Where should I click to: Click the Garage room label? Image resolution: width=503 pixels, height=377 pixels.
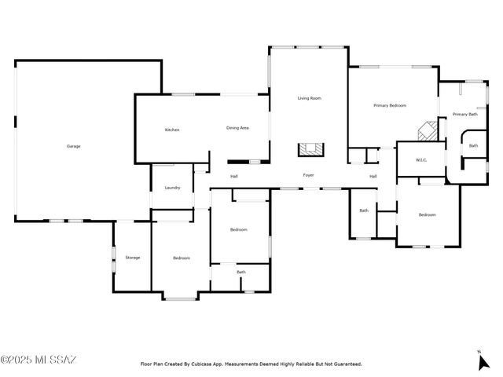point(73,146)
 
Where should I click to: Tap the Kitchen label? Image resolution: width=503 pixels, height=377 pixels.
point(172,130)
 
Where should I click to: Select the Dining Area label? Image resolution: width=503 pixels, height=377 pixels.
point(237,128)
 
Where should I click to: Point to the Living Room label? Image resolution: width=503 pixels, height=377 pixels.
point(309,98)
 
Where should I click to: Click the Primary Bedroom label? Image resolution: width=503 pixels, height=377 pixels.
point(390,105)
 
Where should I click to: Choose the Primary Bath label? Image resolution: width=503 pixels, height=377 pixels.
point(465,115)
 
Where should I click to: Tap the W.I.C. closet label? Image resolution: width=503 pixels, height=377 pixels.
point(421,161)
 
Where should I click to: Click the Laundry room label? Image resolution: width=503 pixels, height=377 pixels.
point(172,188)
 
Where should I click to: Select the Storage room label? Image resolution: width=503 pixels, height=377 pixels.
point(133,258)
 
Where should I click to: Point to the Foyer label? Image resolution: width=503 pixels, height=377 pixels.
point(309,175)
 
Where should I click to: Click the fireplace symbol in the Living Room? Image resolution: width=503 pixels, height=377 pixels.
point(309,149)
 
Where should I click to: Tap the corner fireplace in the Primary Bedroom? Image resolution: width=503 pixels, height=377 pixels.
point(427,130)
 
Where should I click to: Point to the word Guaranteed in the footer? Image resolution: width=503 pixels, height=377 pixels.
point(345,364)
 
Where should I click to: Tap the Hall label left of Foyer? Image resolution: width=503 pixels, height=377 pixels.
point(234,176)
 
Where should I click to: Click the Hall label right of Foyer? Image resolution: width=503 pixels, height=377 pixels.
point(373,176)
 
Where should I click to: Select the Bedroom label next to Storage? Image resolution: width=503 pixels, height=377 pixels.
point(182,258)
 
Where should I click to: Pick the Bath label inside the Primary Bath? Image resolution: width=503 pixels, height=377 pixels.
point(473,145)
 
